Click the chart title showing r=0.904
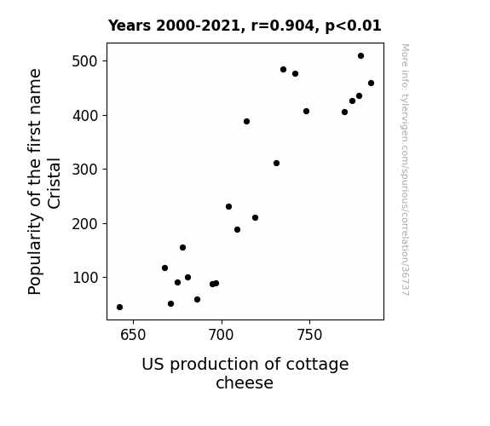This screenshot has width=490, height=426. click(245, 26)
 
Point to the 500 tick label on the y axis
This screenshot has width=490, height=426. click(84, 61)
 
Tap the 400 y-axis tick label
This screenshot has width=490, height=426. click(84, 116)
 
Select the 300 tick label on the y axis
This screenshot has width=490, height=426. click(84, 170)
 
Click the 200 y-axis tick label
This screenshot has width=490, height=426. click(84, 224)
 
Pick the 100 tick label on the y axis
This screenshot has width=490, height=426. click(84, 278)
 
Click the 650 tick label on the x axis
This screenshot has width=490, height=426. click(133, 335)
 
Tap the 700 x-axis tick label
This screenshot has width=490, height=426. click(222, 335)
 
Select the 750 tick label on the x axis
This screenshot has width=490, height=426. click(309, 335)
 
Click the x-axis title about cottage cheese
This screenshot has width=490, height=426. click(245, 373)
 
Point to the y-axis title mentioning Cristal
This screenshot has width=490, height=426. click(43, 181)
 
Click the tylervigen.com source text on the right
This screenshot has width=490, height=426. click(405, 170)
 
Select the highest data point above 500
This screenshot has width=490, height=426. click(360, 56)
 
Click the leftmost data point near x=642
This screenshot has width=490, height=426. click(119, 308)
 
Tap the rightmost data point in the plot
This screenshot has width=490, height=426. click(371, 83)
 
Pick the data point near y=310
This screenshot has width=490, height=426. click(276, 163)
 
